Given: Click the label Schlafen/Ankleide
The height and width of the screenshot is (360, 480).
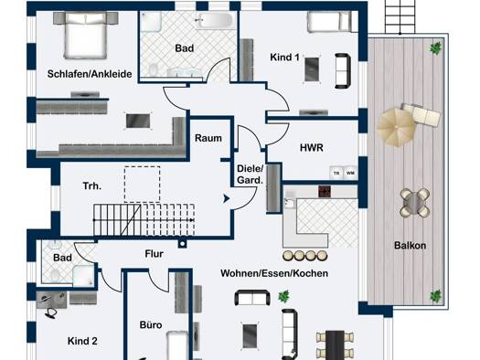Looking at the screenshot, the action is (x=90, y=74).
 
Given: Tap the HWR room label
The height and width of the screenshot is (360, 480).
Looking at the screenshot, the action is (x=312, y=148).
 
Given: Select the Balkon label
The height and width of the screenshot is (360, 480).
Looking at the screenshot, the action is (x=410, y=245).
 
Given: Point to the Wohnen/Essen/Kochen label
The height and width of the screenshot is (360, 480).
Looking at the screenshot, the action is (x=274, y=273).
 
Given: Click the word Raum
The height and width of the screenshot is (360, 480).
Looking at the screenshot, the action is (x=208, y=138).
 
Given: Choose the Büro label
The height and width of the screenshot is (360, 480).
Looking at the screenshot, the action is (x=151, y=324).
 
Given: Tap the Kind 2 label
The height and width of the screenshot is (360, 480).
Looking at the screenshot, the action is (x=82, y=341).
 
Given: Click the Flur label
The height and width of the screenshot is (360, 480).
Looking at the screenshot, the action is (x=154, y=254).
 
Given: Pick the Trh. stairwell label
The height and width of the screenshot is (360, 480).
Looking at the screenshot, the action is (x=92, y=185).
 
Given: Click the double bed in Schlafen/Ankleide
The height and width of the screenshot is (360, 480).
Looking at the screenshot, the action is (x=85, y=35).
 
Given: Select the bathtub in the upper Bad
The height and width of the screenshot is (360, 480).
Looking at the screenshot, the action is (x=215, y=21).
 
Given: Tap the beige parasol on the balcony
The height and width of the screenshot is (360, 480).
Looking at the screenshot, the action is (x=397, y=127).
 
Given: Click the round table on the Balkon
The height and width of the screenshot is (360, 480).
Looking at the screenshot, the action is (x=415, y=203).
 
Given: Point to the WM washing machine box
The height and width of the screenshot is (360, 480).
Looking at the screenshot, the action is (x=350, y=173).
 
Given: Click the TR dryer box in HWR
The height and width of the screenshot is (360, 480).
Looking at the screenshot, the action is (x=336, y=173).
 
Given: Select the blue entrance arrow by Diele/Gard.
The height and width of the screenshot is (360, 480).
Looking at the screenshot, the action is (x=226, y=198).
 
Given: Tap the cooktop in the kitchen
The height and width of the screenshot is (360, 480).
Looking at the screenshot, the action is (x=325, y=192).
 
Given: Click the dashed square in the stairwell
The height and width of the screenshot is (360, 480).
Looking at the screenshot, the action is (x=142, y=185).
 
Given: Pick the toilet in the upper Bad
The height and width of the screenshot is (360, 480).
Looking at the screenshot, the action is (x=153, y=69).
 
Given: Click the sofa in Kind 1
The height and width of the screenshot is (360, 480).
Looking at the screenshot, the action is (x=343, y=71).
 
